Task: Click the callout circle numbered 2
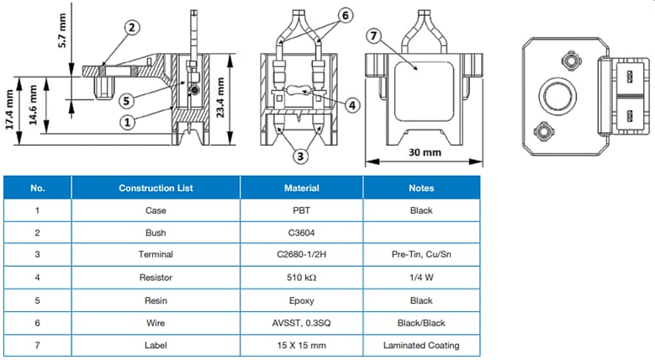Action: [131, 28]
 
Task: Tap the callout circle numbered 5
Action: [126, 100]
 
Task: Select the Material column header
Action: [301, 188]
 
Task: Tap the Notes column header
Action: [421, 188]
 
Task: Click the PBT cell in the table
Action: [301, 210]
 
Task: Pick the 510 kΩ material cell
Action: [301, 278]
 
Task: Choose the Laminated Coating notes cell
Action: [421, 345]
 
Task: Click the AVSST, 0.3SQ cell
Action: [301, 322]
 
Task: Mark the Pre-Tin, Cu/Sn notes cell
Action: [421, 255]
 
